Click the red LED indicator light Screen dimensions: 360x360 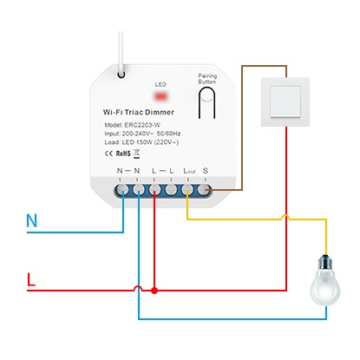(x=161, y=95)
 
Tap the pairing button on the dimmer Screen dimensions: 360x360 (x=206, y=102)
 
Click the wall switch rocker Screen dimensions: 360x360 (x=285, y=101)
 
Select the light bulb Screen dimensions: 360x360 (x=325, y=280)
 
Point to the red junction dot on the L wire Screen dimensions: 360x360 (x=154, y=291)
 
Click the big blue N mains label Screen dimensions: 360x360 (x=32, y=220)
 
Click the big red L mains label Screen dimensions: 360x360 (x=31, y=279)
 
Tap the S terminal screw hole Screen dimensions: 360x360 (x=204, y=190)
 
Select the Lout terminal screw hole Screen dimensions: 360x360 (x=187, y=190)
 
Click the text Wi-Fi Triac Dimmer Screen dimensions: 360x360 (x=139, y=112)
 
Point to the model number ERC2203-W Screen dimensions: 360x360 (x=142, y=125)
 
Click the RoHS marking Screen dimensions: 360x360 (x=123, y=154)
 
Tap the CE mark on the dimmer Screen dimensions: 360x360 (x=108, y=154)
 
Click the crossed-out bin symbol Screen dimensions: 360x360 (x=137, y=154)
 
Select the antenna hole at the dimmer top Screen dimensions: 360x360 (x=121, y=75)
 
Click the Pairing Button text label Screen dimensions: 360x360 (x=207, y=79)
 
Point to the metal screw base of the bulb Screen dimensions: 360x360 (x=325, y=261)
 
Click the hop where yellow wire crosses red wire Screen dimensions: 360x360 (x=285, y=217)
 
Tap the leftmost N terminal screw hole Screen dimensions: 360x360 (x=122, y=190)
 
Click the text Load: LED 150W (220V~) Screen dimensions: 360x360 (x=141, y=142)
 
